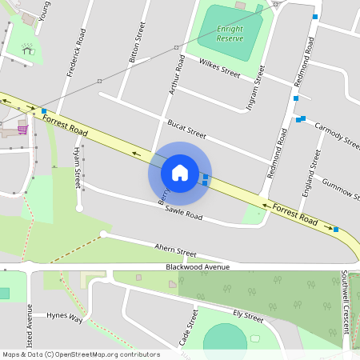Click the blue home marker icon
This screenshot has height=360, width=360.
tap(180, 172)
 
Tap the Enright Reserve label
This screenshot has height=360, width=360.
tap(230, 34)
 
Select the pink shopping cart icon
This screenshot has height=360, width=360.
tap(22, 129)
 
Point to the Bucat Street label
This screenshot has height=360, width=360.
tap(186, 129)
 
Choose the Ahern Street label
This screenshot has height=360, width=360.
tap(175, 250)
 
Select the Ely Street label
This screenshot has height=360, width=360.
tap(248, 314)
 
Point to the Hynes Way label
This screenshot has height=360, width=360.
tap(64, 317)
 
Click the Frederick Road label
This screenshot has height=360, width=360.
tap(75, 53)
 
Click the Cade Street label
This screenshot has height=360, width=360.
tap(189, 326)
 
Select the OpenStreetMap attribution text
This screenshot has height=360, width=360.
tap(81, 354)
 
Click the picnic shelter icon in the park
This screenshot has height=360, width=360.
tap(28, 49)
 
